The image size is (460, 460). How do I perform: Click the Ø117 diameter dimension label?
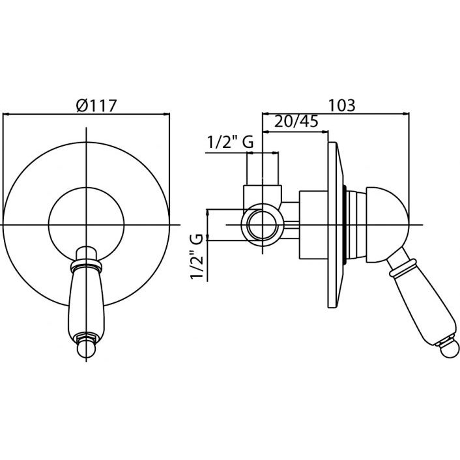(96, 106)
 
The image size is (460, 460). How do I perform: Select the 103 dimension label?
(341, 106)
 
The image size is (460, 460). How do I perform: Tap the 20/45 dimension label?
(296, 121)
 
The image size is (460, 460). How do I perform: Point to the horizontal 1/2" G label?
(230, 143)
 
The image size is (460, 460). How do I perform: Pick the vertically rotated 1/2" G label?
(197, 256)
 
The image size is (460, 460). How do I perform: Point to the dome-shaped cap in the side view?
(387, 225)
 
